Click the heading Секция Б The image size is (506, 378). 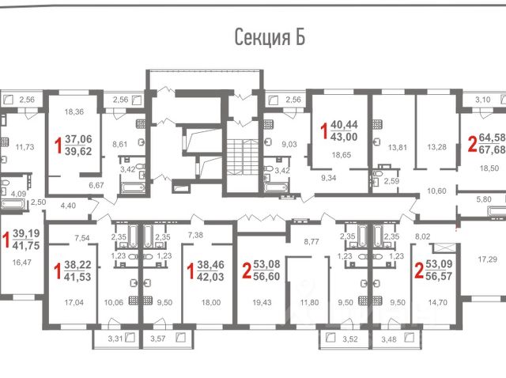[x=270, y=38]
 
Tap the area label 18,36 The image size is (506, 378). [x=74, y=112]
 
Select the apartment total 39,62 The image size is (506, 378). [x=78, y=151]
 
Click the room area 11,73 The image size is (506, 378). [x=25, y=147]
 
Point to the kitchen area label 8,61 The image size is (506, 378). [x=119, y=144]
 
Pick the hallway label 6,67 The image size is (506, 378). [x=96, y=185]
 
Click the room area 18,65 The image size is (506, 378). [x=342, y=155]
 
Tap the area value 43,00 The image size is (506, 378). [x=344, y=137]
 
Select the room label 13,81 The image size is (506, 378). [x=397, y=148]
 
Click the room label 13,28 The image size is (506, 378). [x=436, y=147]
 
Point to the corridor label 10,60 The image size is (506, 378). [x=436, y=191]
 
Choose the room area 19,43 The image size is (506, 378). [x=262, y=303]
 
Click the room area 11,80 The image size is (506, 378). [x=309, y=303]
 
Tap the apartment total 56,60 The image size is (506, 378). [x=266, y=276]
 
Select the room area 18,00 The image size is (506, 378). [x=211, y=303]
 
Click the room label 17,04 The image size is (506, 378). [x=74, y=303]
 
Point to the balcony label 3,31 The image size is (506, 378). [x=115, y=338]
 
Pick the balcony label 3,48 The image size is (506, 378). [x=389, y=339]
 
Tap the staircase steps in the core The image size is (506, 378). [x=243, y=157]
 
